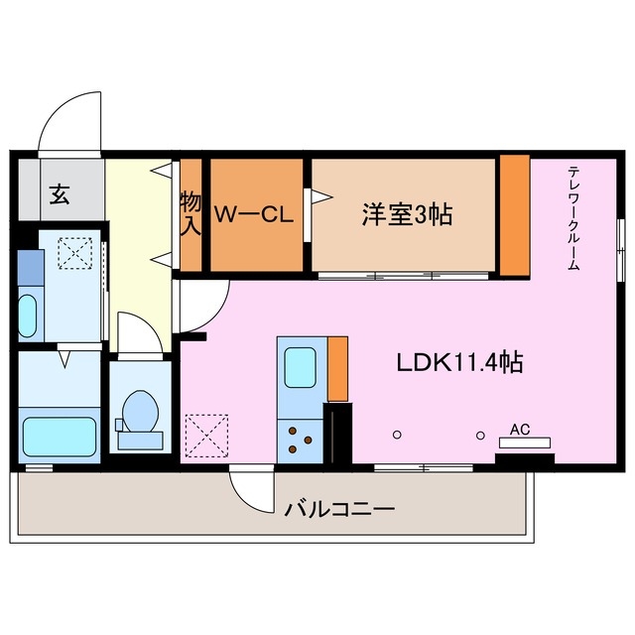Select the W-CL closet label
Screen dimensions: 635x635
tap(255, 213)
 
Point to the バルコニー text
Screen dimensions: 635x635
tap(340, 510)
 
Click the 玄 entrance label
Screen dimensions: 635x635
tap(59, 193)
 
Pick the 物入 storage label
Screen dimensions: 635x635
tap(190, 213)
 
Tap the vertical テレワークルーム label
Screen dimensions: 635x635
tap(574, 219)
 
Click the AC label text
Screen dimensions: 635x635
tap(519, 429)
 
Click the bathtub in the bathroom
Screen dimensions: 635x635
tap(59, 435)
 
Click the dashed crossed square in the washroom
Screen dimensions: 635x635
tap(71, 254)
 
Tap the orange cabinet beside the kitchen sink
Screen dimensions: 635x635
tap(337, 368)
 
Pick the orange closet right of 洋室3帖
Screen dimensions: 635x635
tap(514, 214)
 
